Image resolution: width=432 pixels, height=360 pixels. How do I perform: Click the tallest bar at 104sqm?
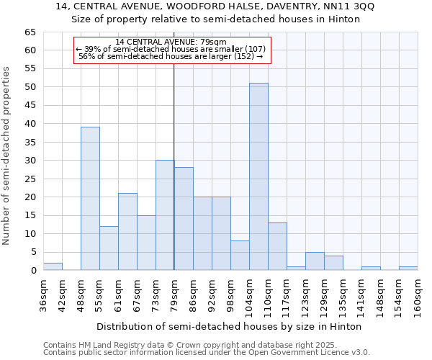click(258, 176)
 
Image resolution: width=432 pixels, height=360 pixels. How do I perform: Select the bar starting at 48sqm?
click(90, 199)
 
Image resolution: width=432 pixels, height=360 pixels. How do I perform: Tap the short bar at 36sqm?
click(53, 266)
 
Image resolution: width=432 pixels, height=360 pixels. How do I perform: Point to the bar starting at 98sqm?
click(240, 256)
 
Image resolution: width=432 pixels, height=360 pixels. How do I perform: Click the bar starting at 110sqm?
click(277, 246)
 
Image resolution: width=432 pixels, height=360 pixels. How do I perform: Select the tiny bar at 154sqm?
click(408, 269)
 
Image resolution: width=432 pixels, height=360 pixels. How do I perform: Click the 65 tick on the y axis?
click(30, 32)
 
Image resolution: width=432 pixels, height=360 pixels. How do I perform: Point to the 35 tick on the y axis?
click(30, 143)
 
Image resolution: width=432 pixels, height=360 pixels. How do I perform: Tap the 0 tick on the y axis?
click(33, 271)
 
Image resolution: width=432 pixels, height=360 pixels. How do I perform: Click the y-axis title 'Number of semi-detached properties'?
click(6, 156)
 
